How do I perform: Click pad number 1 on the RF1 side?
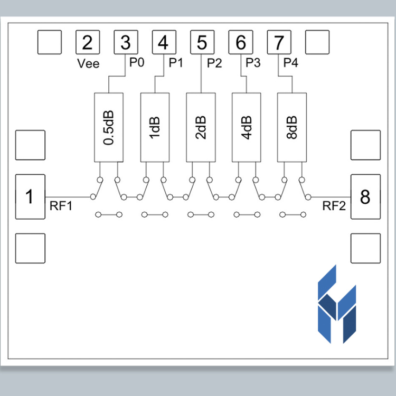point(30,197)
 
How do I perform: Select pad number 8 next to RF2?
point(365,197)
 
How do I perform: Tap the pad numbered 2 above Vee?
point(88,42)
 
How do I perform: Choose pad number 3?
point(126,42)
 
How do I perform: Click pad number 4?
point(164,42)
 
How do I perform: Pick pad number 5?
point(202,42)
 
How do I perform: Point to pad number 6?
point(240,42)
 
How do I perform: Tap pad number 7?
point(279,42)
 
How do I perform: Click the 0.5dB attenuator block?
point(109,128)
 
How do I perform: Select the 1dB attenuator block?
point(155,128)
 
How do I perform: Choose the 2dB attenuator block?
point(201,128)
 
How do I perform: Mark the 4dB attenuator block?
point(246,128)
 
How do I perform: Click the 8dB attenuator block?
point(291,128)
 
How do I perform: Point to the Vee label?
point(88,63)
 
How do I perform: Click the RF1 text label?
point(61,206)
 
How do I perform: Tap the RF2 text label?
point(334,206)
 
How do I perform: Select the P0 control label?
point(137,62)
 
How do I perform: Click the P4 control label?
point(291,62)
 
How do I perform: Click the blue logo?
point(337,304)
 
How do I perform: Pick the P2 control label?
point(214,63)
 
